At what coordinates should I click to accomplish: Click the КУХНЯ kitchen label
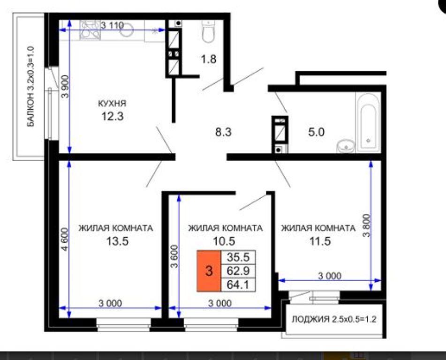coord(112,103)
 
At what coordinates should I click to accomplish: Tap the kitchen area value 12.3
coord(113,116)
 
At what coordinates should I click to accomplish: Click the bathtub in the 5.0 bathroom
coord(368,123)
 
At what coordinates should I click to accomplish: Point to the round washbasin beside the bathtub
coord(346,146)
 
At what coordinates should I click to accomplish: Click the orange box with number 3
coord(209,271)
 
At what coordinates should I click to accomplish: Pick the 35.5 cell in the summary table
coord(238,257)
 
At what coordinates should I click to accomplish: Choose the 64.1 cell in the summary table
coord(238,285)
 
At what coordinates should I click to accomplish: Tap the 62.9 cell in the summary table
coord(238,271)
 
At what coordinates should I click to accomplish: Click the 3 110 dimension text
coord(112,26)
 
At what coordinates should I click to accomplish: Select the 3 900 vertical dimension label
coord(65,86)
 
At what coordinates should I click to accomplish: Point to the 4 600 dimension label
coord(65,240)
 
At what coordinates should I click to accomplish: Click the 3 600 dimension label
coord(174,256)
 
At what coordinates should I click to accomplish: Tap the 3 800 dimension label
coord(367,225)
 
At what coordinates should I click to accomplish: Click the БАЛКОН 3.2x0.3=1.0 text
coord(30,86)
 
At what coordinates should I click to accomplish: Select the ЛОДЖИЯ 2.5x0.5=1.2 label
coord(334,319)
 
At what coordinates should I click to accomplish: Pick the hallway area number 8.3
coord(223,132)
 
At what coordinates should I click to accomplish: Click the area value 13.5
coord(117,241)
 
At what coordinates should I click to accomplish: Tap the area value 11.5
coord(320,241)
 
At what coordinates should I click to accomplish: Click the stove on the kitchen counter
coord(91,30)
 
